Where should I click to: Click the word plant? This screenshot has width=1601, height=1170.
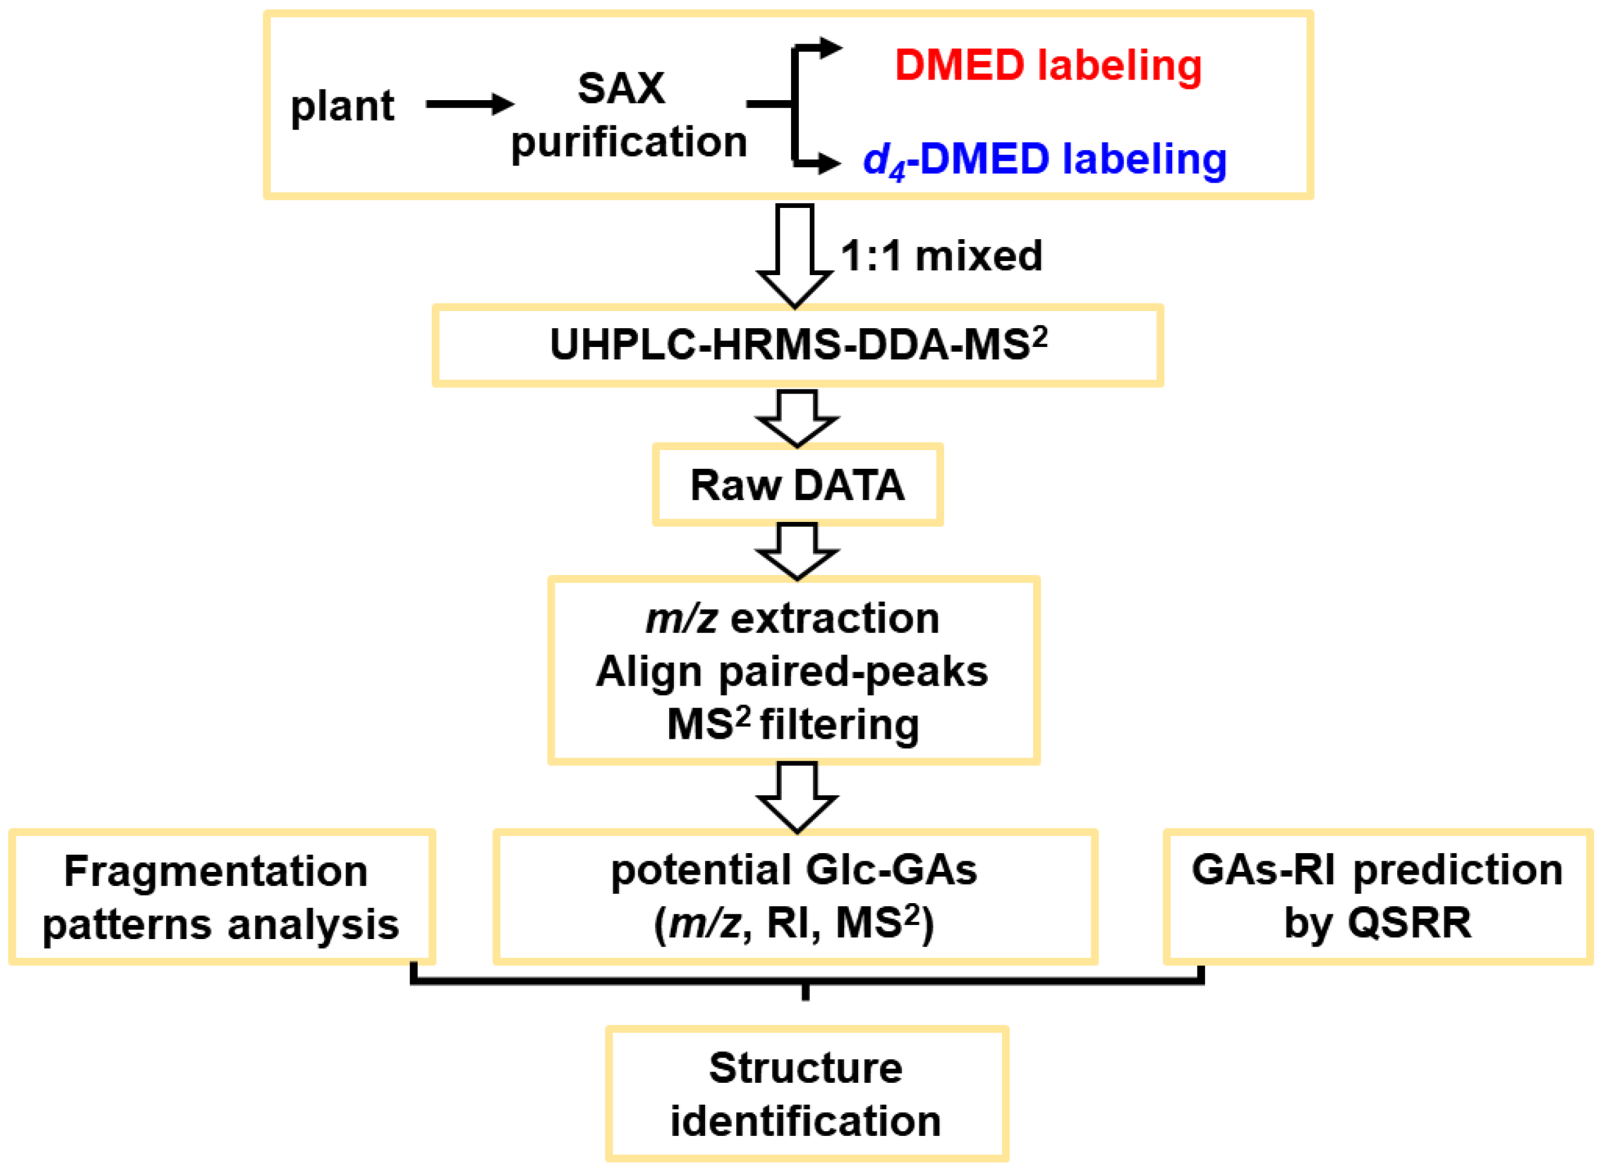point(342,106)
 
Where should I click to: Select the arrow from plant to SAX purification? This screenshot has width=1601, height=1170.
point(469,104)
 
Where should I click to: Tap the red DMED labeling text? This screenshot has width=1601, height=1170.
point(1048,65)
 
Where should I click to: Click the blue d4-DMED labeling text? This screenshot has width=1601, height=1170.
point(1044,158)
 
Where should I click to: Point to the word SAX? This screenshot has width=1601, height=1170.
point(621,88)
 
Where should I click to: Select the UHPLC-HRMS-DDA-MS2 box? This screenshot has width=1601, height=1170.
point(798,346)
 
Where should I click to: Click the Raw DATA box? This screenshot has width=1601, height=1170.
point(798,485)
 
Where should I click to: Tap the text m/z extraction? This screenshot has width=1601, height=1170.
point(792,619)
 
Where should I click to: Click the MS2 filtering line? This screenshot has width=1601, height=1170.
point(792,725)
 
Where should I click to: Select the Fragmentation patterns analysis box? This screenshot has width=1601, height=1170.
point(221,897)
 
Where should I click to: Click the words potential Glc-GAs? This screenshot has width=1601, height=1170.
point(794,870)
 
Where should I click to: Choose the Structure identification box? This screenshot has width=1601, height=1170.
point(806,1093)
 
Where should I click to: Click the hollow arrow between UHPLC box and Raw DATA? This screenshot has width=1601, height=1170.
point(798,418)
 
